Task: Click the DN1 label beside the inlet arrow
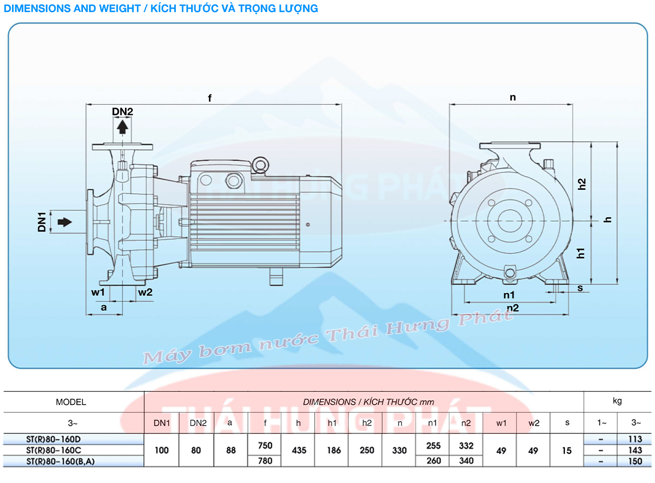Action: coord(41,222)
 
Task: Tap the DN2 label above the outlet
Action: coord(123,111)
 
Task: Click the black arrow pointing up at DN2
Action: coord(123,127)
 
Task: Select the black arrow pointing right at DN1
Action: coord(64,222)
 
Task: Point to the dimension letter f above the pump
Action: coord(210,98)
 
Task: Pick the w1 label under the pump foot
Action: coord(98,292)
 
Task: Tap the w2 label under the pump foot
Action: coord(145,292)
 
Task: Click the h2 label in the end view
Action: coord(582,184)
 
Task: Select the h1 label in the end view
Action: coord(582,253)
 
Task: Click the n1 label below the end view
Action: coord(510,295)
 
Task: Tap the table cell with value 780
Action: coord(265,461)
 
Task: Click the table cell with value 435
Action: coord(299,450)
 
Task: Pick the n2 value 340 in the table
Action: coord(466,461)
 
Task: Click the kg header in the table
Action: coord(617,401)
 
